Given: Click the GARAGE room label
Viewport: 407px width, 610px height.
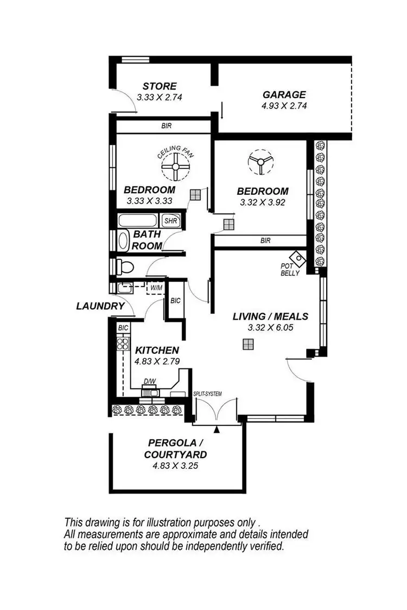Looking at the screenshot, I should [284, 94].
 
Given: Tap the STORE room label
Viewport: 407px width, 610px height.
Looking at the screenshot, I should [160, 86].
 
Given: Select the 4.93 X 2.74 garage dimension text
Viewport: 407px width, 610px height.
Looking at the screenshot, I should [284, 106].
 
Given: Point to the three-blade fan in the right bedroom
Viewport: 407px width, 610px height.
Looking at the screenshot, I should [260, 162].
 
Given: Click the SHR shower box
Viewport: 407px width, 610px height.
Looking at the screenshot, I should [170, 221].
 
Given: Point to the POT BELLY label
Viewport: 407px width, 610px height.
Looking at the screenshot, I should [289, 270].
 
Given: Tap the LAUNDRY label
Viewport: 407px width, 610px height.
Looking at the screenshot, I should [100, 306].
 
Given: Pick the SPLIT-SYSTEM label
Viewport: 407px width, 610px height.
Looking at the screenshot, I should [207, 394].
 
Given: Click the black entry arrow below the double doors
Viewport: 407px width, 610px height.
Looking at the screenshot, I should [217, 430].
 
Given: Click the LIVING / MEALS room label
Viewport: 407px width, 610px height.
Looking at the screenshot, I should [270, 316].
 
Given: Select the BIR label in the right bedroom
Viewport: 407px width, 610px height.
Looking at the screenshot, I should [265, 240].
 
